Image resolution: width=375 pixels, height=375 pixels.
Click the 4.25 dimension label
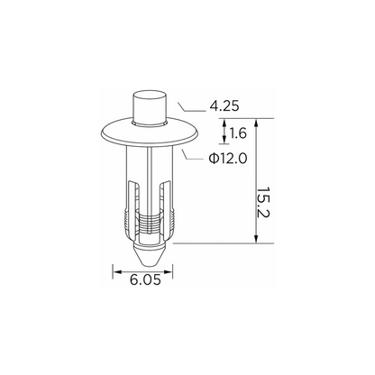224,106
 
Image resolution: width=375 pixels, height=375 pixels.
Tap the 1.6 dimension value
238,133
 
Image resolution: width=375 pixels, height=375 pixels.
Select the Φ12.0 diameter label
228,159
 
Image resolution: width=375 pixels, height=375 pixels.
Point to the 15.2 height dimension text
264,203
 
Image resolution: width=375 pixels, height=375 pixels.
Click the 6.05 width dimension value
145,280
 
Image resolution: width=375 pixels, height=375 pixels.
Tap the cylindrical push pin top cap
150,106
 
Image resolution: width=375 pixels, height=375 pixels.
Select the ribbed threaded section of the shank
150,223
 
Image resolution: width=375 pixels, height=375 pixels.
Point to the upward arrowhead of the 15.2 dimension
256,123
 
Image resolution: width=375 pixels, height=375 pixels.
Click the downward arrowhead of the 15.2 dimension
256,239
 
